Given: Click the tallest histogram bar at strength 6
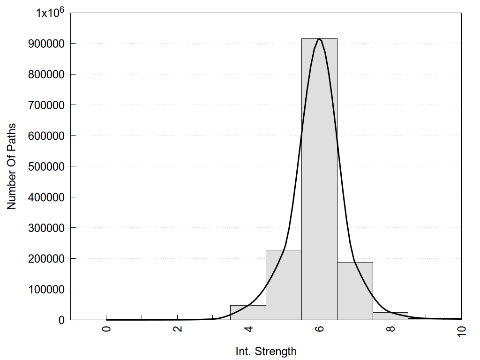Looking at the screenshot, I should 319,178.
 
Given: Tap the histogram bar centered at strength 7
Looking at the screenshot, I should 355,291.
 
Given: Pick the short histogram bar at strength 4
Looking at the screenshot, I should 248,313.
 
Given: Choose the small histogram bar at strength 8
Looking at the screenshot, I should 390,316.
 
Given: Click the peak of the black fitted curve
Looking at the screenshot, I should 319,39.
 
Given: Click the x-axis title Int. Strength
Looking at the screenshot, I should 266,351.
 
